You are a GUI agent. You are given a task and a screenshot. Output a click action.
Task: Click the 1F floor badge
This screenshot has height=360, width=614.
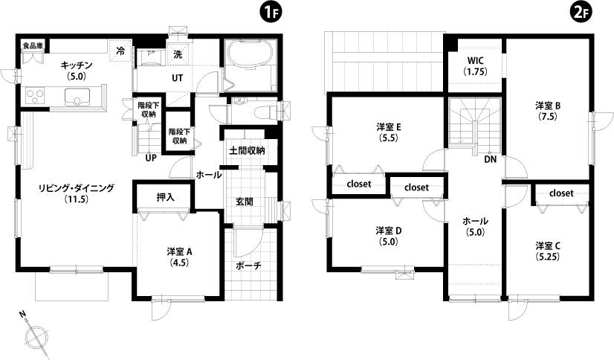click(271, 13)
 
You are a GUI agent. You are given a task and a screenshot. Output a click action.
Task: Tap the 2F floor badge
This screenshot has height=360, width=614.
click(581, 13)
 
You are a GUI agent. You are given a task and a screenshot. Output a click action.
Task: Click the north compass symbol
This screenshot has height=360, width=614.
click(35, 335)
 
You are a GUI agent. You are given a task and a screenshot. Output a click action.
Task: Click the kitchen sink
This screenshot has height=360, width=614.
click(77, 96)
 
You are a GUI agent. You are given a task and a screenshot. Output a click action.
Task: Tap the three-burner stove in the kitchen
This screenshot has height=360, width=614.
click(35, 96)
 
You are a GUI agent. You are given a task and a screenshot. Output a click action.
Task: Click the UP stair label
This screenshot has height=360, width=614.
click(151, 158)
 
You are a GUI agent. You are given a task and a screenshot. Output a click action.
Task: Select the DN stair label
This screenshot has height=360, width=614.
click(491, 159)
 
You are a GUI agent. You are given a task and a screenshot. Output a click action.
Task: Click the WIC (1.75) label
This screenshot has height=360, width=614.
click(476, 66)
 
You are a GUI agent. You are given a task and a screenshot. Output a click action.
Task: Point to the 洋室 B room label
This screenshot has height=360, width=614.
click(548, 106)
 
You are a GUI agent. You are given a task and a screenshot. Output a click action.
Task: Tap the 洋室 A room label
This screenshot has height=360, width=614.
click(179, 251)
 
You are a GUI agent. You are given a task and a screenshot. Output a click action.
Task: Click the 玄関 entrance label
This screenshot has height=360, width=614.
click(244, 202)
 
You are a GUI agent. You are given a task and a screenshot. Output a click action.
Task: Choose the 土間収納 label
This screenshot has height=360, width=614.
click(247, 150)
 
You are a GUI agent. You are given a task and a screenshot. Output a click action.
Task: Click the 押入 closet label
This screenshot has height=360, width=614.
click(166, 197)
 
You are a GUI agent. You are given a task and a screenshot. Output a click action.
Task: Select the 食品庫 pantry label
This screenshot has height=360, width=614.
click(33, 46)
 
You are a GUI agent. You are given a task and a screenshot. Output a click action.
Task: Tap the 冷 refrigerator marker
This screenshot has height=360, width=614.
click(121, 50)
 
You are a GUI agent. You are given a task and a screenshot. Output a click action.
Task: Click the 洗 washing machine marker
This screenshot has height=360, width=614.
click(178, 54)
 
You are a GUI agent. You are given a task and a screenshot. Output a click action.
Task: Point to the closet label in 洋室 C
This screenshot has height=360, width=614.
click(561, 193)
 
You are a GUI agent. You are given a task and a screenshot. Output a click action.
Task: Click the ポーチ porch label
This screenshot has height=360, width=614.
click(248, 266)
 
